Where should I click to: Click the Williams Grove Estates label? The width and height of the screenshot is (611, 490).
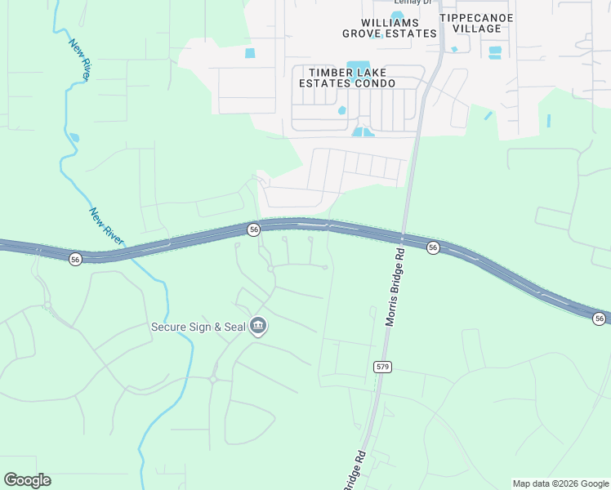pos(389,28)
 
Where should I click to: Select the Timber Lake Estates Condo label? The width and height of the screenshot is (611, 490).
pos(346,78)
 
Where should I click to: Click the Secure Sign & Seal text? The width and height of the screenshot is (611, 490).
pos(198,327)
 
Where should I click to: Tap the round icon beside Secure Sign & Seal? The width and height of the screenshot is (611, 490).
pos(258,327)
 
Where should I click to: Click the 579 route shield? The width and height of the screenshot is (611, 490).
pos(384,366)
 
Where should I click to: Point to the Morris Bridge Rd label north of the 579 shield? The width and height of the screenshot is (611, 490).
pos(395,287)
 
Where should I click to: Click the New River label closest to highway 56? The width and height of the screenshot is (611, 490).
pos(106,226)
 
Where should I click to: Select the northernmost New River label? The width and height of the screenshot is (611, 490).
pos(79,59)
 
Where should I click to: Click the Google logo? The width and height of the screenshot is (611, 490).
pos(27,480)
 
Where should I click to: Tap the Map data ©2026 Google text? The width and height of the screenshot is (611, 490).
pos(561,483)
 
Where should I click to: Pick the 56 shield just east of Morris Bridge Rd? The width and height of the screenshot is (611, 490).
pos(433,247)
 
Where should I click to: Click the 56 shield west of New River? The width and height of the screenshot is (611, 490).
pos(75,259)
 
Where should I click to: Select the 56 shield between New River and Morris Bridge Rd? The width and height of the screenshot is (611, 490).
pos(254,230)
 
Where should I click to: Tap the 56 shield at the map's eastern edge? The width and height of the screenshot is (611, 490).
pos(600,318)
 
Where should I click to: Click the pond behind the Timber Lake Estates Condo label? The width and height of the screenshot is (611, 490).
pos(358,66)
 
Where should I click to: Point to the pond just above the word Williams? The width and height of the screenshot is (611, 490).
pos(397,15)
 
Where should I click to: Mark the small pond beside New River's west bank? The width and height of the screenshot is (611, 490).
pos(74,137)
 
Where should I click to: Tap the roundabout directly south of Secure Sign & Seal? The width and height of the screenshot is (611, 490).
pos(213,379)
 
